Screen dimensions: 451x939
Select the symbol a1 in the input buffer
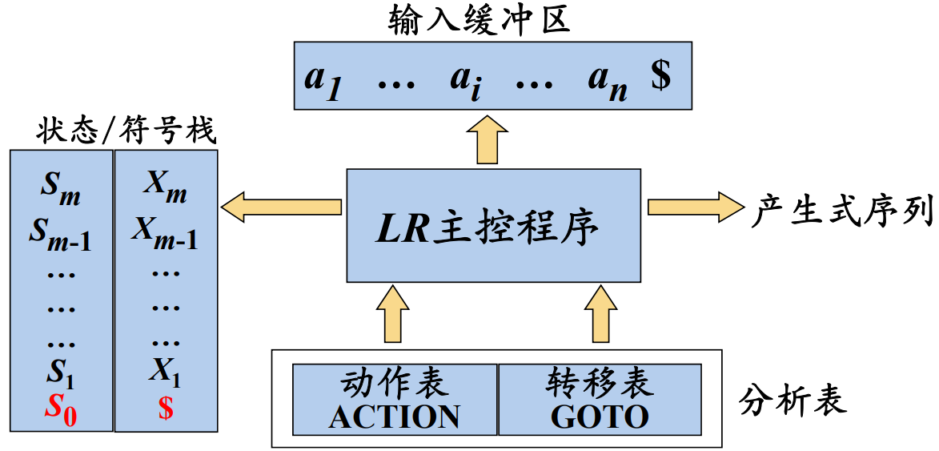tap(323, 80)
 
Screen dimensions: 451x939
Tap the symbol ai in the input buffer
tap(465, 80)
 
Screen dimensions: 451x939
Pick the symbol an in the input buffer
tap(607, 80)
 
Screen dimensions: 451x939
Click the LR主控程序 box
tap(493, 225)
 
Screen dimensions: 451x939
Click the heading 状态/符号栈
tap(126, 131)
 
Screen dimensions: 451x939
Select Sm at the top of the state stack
tap(61, 191)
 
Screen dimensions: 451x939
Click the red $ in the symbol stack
tap(166, 409)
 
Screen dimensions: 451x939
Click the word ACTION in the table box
tap(395, 417)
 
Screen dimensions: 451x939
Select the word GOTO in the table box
tap(599, 417)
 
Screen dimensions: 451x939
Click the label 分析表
tap(793, 399)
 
